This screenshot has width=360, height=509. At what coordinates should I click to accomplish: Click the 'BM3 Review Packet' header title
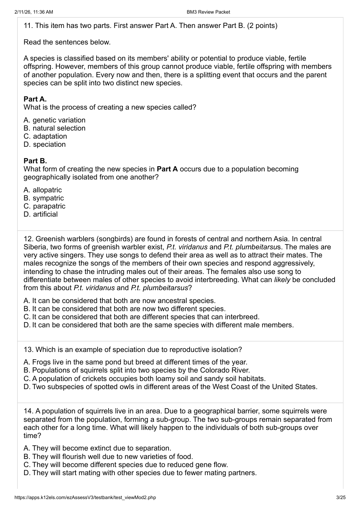(208, 12)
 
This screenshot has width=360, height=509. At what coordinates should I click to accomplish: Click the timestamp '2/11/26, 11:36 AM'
(34, 12)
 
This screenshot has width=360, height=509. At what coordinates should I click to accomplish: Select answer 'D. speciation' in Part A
(45, 145)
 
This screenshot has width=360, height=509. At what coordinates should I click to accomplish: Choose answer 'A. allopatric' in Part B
(43, 190)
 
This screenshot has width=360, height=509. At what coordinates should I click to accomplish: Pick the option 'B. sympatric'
(43, 198)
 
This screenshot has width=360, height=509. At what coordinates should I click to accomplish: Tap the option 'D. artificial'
(40, 214)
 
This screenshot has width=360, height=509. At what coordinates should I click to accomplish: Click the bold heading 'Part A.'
(35, 99)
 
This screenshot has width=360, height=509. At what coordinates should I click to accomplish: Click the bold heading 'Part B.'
(35, 161)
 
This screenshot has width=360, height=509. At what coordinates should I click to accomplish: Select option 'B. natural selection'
(54, 128)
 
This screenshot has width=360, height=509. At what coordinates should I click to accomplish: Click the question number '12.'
(29, 239)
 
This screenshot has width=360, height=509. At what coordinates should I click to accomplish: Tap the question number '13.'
(29, 350)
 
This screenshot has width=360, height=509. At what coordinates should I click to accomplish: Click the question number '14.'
(29, 411)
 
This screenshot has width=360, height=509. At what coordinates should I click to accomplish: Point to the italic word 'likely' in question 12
(282, 280)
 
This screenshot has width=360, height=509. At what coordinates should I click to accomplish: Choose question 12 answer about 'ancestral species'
(120, 301)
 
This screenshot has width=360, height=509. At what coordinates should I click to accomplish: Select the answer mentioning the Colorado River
(137, 370)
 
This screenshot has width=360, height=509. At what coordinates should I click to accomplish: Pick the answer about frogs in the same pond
(135, 362)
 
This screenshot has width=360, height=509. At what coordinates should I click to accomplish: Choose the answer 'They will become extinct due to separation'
(98, 448)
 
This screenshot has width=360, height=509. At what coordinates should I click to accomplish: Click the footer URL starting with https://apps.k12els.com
(85, 498)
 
